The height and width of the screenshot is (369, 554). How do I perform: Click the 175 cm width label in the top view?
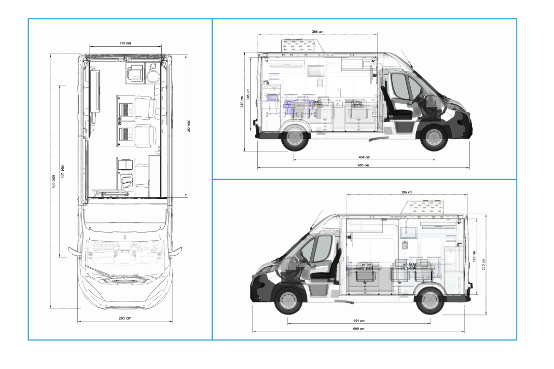(x=125, y=43)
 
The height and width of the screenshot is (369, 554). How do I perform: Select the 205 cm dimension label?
(x=125, y=318)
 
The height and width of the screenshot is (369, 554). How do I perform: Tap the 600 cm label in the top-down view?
(x=54, y=181)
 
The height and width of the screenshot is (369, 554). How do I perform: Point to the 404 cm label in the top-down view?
(x=62, y=171)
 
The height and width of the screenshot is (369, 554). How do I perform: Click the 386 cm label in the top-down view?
(x=189, y=126)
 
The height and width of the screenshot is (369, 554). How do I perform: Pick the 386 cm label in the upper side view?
(x=317, y=32)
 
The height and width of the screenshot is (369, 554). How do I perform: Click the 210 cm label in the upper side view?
(x=242, y=102)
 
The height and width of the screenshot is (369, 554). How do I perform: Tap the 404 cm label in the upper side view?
(x=364, y=157)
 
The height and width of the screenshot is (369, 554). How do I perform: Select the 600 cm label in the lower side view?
(x=359, y=329)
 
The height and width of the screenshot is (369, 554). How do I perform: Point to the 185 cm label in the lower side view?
(x=474, y=257)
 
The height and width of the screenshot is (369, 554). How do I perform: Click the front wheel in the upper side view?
(x=434, y=138)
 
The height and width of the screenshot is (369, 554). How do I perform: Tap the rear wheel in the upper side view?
(x=295, y=138)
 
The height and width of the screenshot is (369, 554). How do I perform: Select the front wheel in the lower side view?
(x=288, y=301)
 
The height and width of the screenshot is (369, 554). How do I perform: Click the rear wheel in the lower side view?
(x=429, y=301)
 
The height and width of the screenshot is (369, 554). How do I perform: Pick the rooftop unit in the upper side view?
(x=303, y=45)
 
